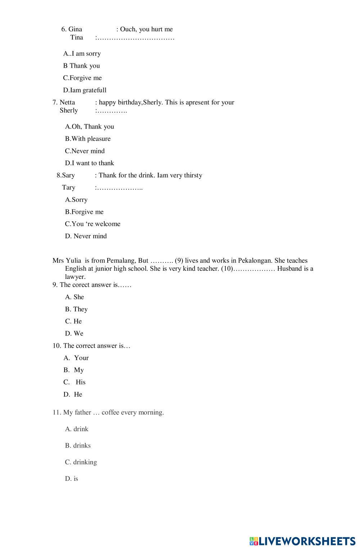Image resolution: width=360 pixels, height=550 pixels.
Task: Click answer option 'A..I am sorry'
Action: (x=82, y=54)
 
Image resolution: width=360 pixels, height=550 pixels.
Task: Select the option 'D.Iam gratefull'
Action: (x=85, y=90)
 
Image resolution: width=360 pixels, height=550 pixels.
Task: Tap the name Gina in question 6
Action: (x=75, y=29)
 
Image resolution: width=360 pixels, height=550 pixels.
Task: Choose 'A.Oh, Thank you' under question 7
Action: (x=89, y=126)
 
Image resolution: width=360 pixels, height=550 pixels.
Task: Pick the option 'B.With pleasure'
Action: (x=87, y=139)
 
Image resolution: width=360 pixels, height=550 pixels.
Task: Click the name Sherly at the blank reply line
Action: (x=69, y=110)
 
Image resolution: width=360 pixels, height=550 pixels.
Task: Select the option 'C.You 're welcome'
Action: (x=93, y=224)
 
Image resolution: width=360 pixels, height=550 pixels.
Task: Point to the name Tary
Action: (x=68, y=187)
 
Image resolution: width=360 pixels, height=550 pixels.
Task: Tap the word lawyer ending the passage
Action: (x=75, y=277)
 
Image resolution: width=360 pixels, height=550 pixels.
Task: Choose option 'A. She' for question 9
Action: (x=75, y=297)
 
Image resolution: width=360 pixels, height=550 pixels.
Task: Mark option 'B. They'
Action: (x=76, y=309)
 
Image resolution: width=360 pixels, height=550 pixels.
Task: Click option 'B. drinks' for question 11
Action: (x=78, y=446)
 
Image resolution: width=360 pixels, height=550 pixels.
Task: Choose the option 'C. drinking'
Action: (x=81, y=462)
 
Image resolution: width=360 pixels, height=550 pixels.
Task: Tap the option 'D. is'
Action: (x=72, y=479)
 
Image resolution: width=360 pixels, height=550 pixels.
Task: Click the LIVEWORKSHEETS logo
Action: (x=302, y=541)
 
